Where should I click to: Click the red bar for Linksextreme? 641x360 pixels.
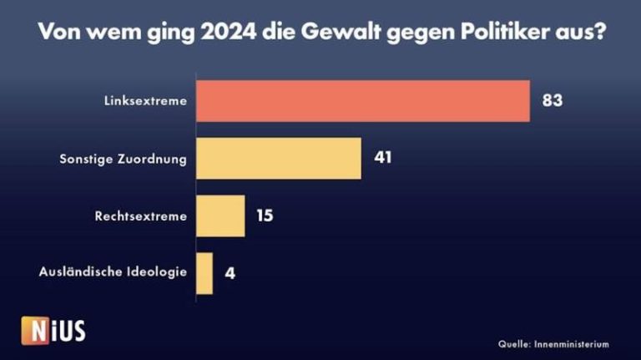point(362,101)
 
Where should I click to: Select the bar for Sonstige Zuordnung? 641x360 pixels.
point(278,159)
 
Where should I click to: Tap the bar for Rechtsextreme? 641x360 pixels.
point(220,215)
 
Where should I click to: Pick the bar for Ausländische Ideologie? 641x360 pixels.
point(204,273)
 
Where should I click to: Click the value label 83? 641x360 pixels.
point(552,101)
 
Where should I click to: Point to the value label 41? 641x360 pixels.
point(382,159)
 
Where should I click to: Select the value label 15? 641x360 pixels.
point(264,215)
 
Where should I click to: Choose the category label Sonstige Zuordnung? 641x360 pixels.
point(124,159)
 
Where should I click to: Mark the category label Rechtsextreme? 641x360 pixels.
point(141,216)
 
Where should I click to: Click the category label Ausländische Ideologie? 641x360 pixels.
point(113,273)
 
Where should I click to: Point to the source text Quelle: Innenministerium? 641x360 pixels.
point(553,343)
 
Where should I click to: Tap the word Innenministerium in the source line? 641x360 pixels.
point(570,343)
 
